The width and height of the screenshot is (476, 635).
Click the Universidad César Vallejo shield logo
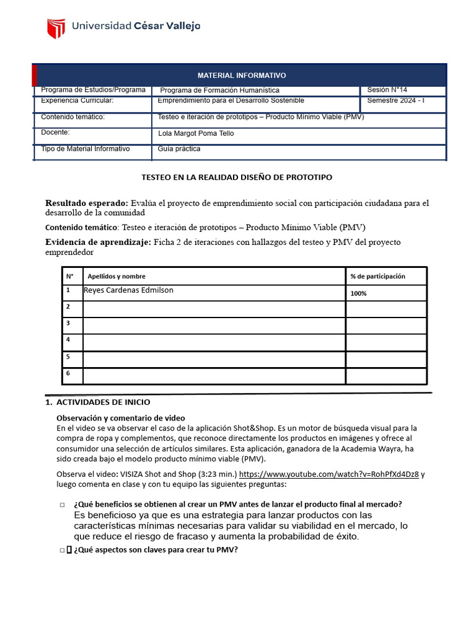tap(56, 28)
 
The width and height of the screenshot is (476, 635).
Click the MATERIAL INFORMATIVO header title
tap(242, 75)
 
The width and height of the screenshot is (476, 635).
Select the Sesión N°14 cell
tap(387, 90)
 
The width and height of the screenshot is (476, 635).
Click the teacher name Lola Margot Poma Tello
tap(196, 133)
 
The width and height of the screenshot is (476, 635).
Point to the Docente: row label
tap(55, 132)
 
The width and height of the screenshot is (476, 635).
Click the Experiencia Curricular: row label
tap(77, 100)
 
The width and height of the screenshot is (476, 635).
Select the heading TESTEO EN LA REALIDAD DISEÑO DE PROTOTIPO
tap(237, 177)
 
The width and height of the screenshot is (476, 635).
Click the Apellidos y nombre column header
tap(117, 277)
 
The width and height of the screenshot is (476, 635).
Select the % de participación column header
tap(377, 277)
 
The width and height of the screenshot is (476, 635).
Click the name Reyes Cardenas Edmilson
tap(128, 290)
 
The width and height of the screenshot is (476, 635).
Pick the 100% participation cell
tap(358, 293)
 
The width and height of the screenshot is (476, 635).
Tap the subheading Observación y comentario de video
tap(121, 418)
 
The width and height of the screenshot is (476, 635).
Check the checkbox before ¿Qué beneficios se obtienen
tap(63, 505)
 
